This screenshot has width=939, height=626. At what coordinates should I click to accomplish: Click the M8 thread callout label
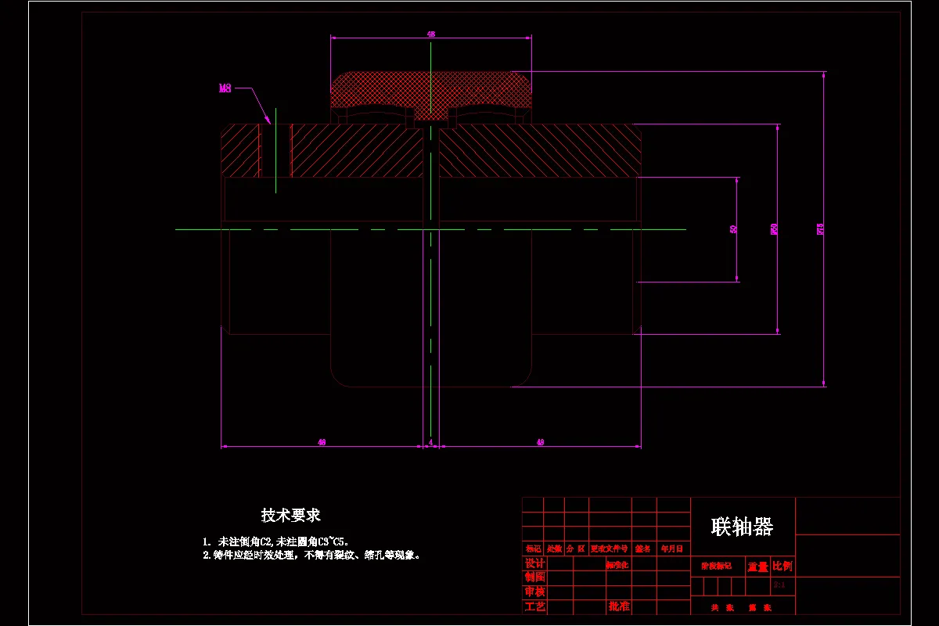point(225,88)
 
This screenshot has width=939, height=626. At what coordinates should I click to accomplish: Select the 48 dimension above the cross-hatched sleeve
point(431,34)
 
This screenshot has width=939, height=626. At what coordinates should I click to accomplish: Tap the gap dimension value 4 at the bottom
point(431,443)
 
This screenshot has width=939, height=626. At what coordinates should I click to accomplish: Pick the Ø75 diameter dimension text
point(820,229)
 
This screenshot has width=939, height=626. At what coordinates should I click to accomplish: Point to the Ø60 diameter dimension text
point(775,229)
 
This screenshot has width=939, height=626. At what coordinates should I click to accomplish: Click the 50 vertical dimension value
point(733,229)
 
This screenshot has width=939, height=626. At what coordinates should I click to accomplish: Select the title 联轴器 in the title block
point(742,526)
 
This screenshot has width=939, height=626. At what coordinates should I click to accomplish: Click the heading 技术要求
point(291,515)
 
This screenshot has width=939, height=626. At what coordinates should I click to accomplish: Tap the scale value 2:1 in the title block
point(779,585)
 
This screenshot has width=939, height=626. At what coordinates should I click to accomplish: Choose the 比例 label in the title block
point(782,566)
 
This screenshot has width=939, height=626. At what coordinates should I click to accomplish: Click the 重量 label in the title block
point(757,567)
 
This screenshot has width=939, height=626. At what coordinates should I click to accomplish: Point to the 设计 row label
point(534,563)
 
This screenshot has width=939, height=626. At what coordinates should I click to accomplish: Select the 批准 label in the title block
point(619,606)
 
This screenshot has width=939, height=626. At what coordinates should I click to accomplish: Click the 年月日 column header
point(672,549)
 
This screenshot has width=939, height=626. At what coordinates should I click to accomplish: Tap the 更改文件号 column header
point(610,549)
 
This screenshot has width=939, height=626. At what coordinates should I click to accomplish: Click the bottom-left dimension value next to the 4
point(322,443)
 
